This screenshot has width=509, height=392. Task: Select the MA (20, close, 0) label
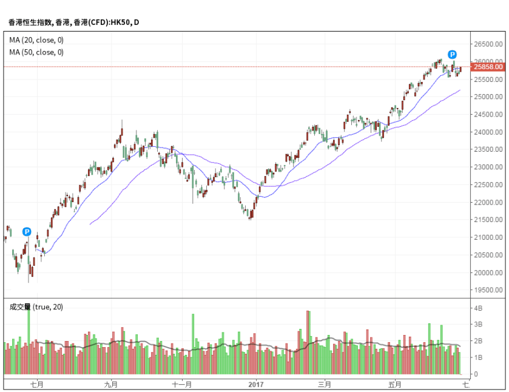pos(36,40)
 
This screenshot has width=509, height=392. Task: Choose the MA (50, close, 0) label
pos(36,52)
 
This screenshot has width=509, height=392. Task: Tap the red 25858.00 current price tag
pos(488,67)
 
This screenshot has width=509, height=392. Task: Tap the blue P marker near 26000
pos(452,54)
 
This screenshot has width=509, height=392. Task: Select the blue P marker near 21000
pos(27,231)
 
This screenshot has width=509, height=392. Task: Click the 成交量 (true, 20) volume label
pos(36,307)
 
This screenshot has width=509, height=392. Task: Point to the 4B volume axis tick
pos(479,308)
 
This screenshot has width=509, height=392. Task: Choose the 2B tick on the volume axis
pos(479,342)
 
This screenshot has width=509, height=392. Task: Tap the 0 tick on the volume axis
pos(476,374)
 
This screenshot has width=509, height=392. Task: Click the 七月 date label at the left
pos(37,384)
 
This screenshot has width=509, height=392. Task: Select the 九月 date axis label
pos(110,384)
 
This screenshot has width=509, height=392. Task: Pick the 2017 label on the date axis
pos(257,384)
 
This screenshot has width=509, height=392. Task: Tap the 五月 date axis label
pos(395,384)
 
